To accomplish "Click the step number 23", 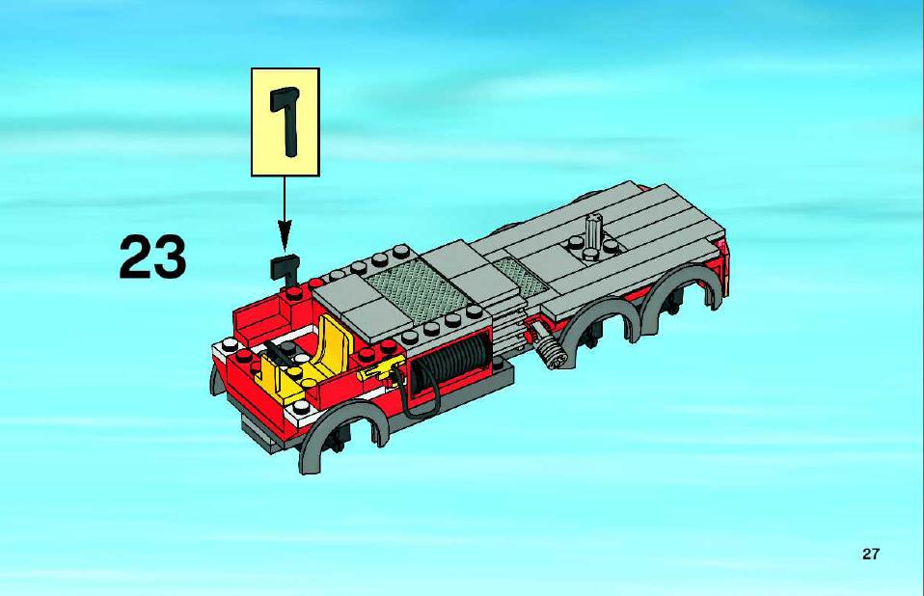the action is pyautogui.click(x=152, y=257).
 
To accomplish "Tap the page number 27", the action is pyautogui.click(x=870, y=554).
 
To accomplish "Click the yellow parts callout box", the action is pyautogui.click(x=285, y=122).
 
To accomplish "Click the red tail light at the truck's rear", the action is pyautogui.click(x=721, y=246).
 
